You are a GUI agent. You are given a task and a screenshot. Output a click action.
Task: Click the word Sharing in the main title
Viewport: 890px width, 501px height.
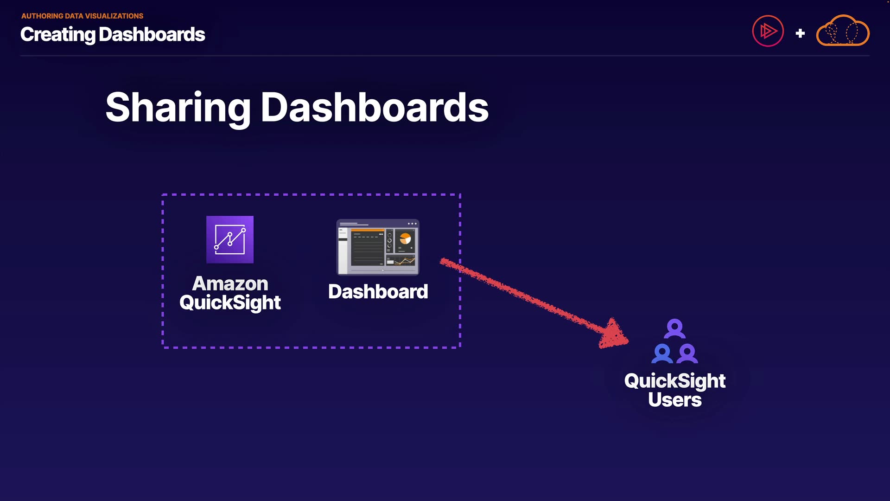178,108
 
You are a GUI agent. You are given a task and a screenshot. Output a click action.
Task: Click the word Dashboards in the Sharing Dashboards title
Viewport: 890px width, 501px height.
375,107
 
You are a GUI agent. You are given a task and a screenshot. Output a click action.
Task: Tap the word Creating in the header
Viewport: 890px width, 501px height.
58,35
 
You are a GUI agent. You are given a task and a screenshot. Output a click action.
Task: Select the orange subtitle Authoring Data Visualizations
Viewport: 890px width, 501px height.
83,16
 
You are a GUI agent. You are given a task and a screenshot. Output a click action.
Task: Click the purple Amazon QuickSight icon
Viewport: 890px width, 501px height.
230,239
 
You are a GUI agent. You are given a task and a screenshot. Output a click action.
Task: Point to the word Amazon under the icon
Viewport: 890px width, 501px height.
230,283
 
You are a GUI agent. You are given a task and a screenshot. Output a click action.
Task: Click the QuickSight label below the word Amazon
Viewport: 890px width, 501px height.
230,303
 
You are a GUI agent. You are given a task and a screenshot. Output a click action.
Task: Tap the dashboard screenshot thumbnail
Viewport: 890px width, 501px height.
378,247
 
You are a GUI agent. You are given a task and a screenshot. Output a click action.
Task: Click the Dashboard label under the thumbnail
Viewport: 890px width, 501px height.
378,292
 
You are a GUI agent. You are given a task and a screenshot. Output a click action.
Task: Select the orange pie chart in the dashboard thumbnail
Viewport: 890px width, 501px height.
405,238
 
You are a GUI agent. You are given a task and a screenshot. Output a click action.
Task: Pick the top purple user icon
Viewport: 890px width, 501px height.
674,328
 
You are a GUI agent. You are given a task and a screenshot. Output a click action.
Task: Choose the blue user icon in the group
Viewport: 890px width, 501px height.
662,353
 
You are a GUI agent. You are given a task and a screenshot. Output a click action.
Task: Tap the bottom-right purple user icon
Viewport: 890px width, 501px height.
687,353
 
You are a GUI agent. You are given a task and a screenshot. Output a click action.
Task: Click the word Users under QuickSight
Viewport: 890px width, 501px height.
675,400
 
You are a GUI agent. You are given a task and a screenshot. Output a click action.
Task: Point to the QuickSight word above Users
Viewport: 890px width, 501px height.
675,381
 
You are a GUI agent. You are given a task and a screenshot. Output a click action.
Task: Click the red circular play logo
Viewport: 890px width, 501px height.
768,31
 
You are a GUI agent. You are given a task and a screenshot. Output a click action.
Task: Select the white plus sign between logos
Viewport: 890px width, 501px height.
800,33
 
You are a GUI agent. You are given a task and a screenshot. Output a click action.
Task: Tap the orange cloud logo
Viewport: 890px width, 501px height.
843,31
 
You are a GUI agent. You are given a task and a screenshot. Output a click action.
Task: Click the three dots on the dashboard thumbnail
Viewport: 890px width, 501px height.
412,224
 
